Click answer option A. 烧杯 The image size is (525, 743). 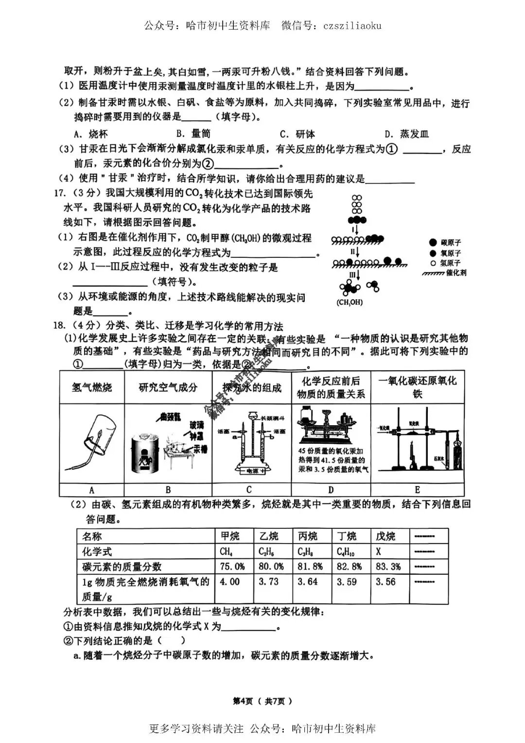91,134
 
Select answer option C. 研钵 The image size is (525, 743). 297,134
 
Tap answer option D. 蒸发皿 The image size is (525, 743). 406,134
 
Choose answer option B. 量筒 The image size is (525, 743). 193,134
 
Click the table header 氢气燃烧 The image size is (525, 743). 92,387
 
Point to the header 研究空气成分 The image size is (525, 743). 168,387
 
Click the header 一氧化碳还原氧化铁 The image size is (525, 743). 417,387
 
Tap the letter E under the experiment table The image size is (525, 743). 417,489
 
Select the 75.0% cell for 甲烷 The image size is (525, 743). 232,566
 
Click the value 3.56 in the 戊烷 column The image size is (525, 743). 385,582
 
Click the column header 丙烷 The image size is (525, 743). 307,536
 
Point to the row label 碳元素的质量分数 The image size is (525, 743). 122,566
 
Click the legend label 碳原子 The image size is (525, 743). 451,242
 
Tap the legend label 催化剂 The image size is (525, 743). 456,273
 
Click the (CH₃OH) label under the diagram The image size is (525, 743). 349,302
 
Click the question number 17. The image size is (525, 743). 59,194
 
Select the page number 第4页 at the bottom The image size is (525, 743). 243,701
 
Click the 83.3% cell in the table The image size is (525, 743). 388,566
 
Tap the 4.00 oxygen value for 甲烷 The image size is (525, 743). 229,582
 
